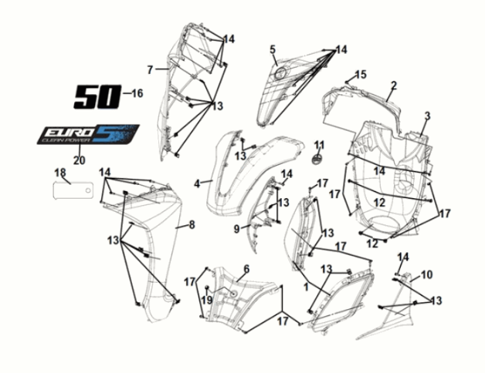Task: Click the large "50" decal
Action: pos(97,96)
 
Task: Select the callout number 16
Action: pos(137,94)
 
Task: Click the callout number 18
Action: pos(59,172)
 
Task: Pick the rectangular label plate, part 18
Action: pos(72,190)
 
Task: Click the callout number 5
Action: pos(273,50)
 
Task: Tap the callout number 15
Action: pos(361,75)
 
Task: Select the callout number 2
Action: pos(393,86)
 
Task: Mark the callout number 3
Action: pos(426,116)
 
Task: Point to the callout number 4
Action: pos(198,183)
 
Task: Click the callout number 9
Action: pos(237,228)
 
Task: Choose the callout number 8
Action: pos(192,225)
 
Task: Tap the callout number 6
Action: pos(246,269)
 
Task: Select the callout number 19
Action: pos(206,299)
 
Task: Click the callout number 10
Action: pos(427,274)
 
